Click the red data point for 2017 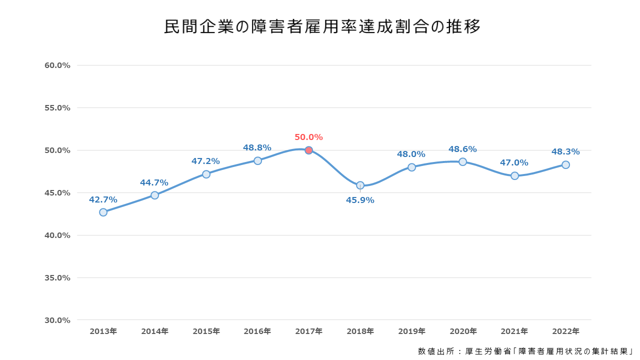pos(308,150)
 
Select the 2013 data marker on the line pos(103,212)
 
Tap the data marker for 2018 pos(360,185)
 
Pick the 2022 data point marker pos(565,164)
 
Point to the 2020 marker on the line pos(462,161)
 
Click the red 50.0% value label pos(308,137)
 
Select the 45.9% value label pos(360,200)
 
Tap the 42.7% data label pos(103,199)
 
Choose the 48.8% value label pos(257,147)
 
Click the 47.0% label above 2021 pos(514,162)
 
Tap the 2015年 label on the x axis pos(206,331)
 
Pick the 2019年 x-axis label pos(411,331)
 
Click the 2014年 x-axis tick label pos(154,331)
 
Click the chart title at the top pos(322,27)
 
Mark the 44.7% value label pos(154,182)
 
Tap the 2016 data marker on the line pos(257,160)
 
